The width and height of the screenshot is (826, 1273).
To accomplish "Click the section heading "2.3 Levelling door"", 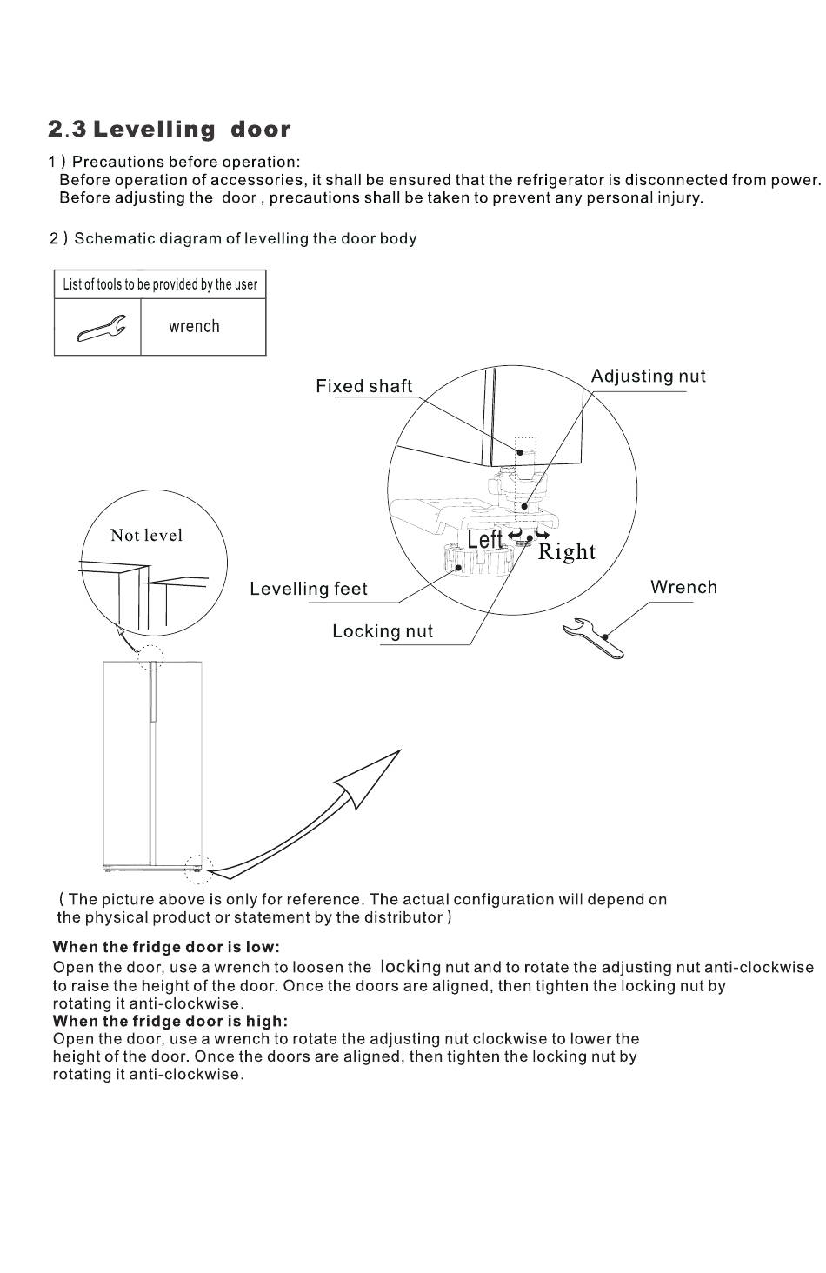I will click(170, 130).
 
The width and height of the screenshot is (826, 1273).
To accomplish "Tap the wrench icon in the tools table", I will click(102, 329).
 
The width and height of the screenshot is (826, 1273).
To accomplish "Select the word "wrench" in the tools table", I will click(194, 327).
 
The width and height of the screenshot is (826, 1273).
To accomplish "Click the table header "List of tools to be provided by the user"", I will click(160, 284).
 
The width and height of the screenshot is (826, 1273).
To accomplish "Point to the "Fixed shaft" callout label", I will click(363, 387).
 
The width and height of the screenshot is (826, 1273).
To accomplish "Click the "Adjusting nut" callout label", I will click(648, 377).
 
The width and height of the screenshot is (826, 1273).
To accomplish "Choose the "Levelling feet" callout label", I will click(308, 590).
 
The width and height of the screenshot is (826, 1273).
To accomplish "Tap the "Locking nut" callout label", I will click(382, 632).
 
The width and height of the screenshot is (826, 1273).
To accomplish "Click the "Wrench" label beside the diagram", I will click(683, 588).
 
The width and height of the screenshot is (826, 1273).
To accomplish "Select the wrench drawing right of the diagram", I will click(593, 639).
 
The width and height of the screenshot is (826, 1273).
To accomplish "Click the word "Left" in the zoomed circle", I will click(484, 540).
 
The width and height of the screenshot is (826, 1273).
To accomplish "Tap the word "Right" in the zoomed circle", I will click(567, 552).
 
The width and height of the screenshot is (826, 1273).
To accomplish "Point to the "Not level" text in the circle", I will click(146, 536).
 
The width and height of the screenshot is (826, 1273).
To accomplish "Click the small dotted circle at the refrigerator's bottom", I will click(197, 867).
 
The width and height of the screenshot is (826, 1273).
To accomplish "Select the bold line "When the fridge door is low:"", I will click(166, 947).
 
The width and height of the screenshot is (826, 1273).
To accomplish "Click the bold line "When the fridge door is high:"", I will click(170, 1021).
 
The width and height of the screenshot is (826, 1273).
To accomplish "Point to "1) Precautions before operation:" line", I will click(175, 162).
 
